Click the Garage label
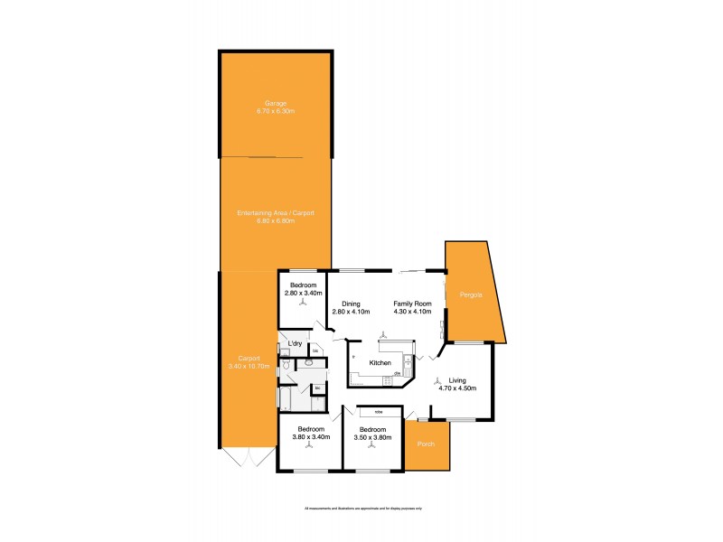click(276, 101)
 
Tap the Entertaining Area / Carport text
click(276, 212)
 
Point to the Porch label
click(427, 444)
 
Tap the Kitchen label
click(380, 362)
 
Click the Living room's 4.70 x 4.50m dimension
click(457, 388)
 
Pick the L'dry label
click(294, 344)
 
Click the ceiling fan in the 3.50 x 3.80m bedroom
click(372, 447)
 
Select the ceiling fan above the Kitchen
click(385, 335)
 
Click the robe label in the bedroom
click(378, 412)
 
